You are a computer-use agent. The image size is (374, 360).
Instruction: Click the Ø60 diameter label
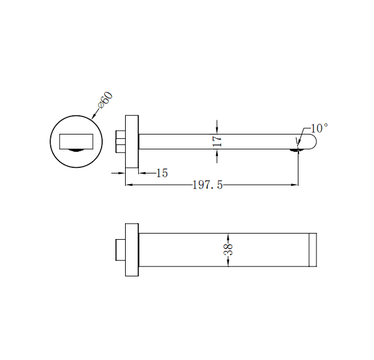click(x=105, y=100)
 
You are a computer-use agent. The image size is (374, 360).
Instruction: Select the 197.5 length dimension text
click(x=207, y=185)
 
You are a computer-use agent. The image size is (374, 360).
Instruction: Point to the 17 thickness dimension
click(x=217, y=141)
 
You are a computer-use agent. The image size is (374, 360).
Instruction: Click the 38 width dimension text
click(x=228, y=250)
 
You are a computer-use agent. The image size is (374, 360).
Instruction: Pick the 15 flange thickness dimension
click(x=162, y=173)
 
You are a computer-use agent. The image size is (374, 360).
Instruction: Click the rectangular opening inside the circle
click(x=76, y=141)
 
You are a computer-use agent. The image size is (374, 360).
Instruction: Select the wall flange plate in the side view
click(x=132, y=141)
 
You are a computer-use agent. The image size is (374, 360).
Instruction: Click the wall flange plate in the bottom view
click(x=132, y=249)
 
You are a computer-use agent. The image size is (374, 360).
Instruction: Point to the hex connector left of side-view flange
click(x=121, y=141)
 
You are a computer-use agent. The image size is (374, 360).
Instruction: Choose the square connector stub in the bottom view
click(x=120, y=249)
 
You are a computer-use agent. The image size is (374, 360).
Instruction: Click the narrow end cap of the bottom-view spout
click(x=313, y=250)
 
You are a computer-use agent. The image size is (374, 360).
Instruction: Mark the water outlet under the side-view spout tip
click(x=298, y=149)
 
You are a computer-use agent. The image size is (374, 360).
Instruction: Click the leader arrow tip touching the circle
click(x=92, y=118)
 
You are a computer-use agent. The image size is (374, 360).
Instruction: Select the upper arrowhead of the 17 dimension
click(x=217, y=129)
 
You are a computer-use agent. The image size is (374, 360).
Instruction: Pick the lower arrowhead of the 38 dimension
click(x=228, y=263)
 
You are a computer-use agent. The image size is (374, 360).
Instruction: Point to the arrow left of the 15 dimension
click(x=123, y=173)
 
